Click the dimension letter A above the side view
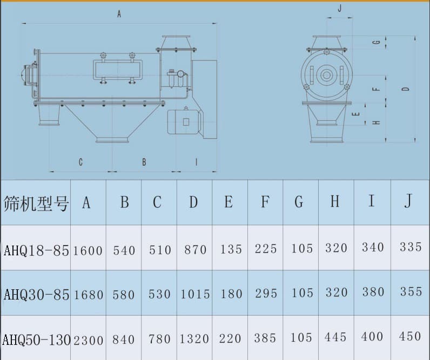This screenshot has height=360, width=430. click(x=119, y=13)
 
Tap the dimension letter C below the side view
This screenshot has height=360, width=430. click(x=80, y=162)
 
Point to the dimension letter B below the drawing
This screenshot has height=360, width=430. click(x=144, y=162)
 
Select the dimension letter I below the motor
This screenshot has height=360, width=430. click(x=196, y=162)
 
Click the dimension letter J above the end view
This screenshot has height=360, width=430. click(x=340, y=8)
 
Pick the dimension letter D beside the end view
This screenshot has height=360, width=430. click(x=406, y=89)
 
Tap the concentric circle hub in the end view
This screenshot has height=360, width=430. click(x=326, y=75)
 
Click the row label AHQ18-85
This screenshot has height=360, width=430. click(x=36, y=250)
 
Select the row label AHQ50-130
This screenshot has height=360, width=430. click(x=37, y=340)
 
